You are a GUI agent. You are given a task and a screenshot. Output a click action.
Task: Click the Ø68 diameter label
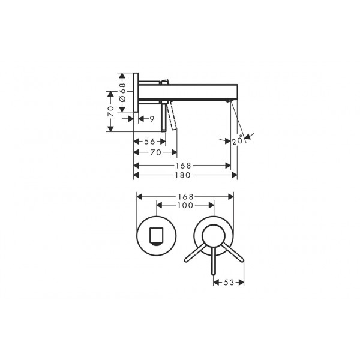[122, 92]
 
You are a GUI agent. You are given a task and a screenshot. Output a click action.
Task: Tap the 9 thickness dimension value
[152, 119]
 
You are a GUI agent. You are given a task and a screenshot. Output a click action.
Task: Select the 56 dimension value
[149, 142]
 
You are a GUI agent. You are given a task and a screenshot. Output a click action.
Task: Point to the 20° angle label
[238, 140]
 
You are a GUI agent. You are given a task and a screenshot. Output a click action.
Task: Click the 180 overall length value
[183, 175]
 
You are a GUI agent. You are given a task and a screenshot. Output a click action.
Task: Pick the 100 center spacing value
[185, 205]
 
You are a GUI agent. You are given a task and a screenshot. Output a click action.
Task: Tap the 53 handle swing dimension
[229, 283]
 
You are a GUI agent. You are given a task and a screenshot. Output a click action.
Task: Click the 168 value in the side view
[183, 166]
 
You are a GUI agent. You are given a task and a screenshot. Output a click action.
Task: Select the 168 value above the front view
[185, 197]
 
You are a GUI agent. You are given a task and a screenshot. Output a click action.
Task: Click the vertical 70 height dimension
[111, 112]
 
